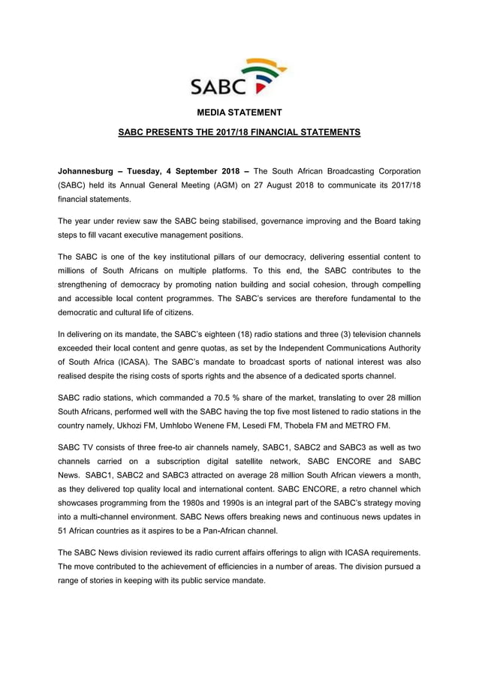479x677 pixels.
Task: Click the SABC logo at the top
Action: click(x=239, y=77)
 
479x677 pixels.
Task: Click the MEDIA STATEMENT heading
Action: click(x=239, y=113)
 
